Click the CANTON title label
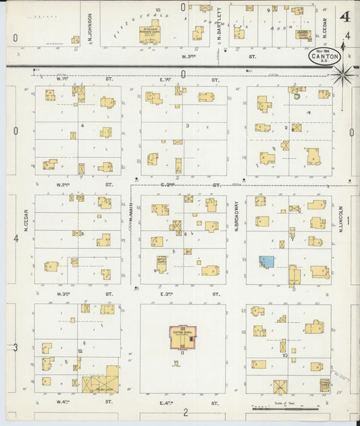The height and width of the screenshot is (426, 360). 325,57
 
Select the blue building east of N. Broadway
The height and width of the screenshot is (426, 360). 267,261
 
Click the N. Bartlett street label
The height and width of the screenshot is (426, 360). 220,28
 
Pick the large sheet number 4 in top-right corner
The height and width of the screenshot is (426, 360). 345,16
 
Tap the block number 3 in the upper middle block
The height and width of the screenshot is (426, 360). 188,126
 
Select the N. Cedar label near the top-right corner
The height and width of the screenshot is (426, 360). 324,28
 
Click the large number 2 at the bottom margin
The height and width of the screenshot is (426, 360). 184,412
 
